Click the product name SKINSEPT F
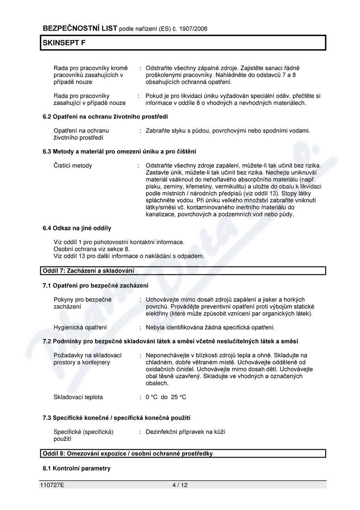(x=64, y=43)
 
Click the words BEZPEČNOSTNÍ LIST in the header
(x=80, y=28)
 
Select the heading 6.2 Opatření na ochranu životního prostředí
(x=105, y=116)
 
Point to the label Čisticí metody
(x=73, y=166)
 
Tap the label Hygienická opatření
(x=80, y=327)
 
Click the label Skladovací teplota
(x=78, y=397)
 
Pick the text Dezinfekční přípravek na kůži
(x=185, y=432)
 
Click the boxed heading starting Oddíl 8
(x=127, y=453)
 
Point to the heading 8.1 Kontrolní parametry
(x=76, y=468)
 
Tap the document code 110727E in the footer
(x=52, y=485)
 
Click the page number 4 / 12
(x=180, y=485)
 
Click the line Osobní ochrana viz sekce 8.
(x=92, y=249)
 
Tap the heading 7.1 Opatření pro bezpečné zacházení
(x=95, y=285)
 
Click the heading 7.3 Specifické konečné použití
(x=116, y=418)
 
